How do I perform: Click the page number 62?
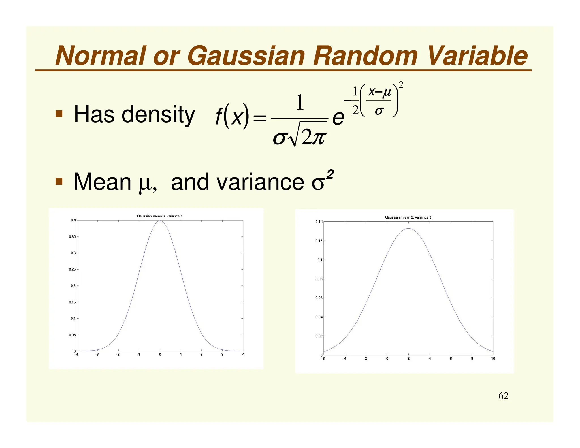tap(503, 396)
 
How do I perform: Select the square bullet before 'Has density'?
tap(59, 114)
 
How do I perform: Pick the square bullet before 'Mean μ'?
tap(59, 181)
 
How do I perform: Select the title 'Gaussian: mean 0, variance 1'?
tap(160, 216)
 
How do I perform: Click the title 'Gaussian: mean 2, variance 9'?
tap(408, 217)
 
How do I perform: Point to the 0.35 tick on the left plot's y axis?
tap(72, 237)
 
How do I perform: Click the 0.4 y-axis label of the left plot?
tap(73, 220)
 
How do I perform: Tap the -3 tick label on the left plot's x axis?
tap(97, 355)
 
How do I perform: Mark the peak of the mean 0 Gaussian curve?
tap(160, 221)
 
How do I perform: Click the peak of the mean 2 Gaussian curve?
tap(409, 229)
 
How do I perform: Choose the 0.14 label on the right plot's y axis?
tap(319, 222)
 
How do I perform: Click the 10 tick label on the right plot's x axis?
tap(493, 359)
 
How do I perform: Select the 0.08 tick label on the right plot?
tap(319, 279)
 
